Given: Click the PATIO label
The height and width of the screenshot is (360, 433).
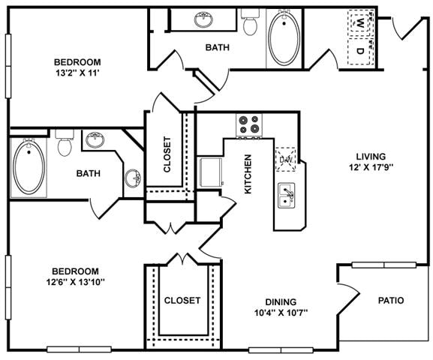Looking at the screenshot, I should tap(390, 301).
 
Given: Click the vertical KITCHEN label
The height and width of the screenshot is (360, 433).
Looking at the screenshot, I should tap(248, 174).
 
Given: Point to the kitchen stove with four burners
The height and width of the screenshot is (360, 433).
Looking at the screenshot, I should tap(248, 124).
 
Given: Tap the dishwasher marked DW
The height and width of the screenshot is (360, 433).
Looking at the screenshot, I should tap(286, 159).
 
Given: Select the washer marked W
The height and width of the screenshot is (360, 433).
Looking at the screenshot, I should tap(361, 23).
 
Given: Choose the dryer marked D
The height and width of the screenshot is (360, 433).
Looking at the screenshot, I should tap(361, 51).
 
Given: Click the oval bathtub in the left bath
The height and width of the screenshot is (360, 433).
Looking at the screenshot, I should tap(30, 166).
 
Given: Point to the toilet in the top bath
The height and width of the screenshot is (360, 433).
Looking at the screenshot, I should tap(251, 24).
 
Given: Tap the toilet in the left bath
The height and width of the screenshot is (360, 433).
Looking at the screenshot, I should tap(65, 144).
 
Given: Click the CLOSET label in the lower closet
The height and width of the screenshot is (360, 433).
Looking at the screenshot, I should tap(182, 301).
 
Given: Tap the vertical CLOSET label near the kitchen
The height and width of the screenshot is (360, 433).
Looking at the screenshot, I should tap(167, 154).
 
